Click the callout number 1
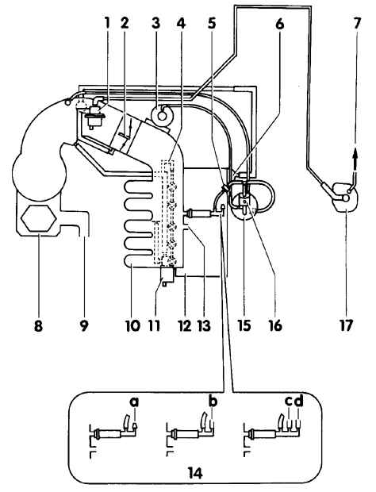tap(107, 23)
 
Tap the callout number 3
tap(155, 23)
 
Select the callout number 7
tap(357, 23)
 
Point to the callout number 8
tap(38, 325)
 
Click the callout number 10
tap(132, 325)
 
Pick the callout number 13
tap(204, 325)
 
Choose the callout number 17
tap(346, 325)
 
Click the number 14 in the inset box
tap(195, 472)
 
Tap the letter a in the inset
tap(134, 402)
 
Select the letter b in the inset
tap(213, 401)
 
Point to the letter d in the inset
tap(300, 401)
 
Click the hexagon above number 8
tap(38, 218)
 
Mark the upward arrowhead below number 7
tap(355, 156)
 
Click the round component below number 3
tap(162, 115)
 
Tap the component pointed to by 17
tap(344, 197)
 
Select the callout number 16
tap(275, 325)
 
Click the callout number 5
tap(212, 23)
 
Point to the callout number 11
tap(154, 325)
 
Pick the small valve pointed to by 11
tap(167, 275)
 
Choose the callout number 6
tap(279, 23)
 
